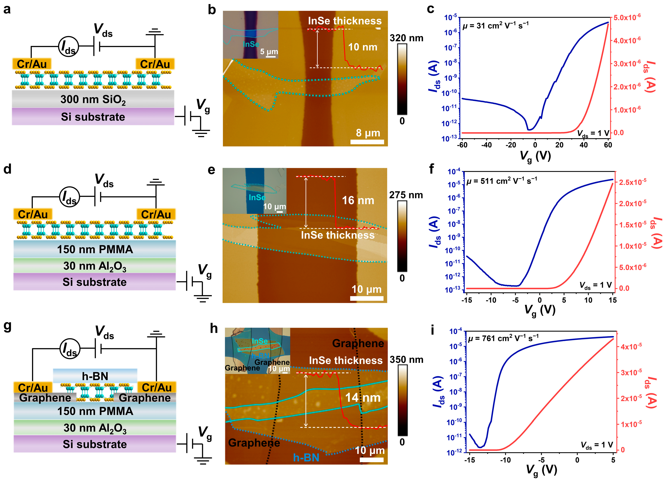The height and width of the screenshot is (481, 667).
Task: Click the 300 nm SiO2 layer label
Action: (x=93, y=99)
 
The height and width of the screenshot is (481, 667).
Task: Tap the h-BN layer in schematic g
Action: (x=95, y=376)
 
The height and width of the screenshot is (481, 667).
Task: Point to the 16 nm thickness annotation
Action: (x=358, y=200)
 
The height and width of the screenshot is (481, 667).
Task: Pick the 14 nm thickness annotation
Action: (x=363, y=398)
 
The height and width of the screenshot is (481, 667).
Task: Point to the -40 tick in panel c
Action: (x=486, y=145)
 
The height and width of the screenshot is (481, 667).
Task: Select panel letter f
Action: (x=431, y=169)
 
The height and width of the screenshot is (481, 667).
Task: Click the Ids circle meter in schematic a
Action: (x=68, y=47)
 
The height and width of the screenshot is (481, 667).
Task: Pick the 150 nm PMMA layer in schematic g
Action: (x=95, y=411)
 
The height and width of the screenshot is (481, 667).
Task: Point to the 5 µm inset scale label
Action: (x=269, y=52)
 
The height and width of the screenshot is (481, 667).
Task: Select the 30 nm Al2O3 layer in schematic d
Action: (x=95, y=266)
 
